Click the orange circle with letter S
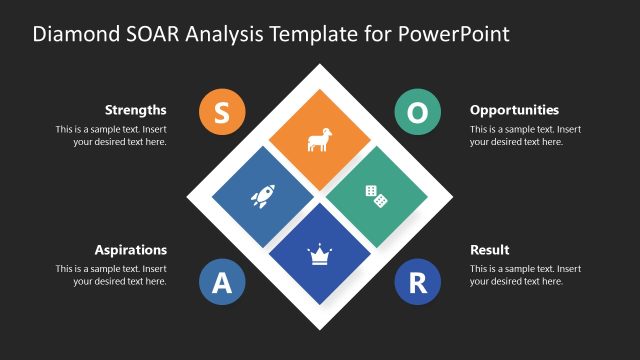(222, 113)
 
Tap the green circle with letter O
(417, 113)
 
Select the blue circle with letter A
(222, 283)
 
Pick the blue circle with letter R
(417, 283)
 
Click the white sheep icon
(319, 140)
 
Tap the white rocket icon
(263, 197)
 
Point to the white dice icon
(376, 196)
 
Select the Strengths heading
(135, 110)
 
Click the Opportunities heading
(514, 110)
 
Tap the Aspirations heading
(131, 250)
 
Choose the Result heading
(490, 250)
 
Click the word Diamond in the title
(72, 33)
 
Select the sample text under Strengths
(111, 136)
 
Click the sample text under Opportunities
(525, 136)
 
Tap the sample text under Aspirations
(111, 276)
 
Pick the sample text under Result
(525, 276)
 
